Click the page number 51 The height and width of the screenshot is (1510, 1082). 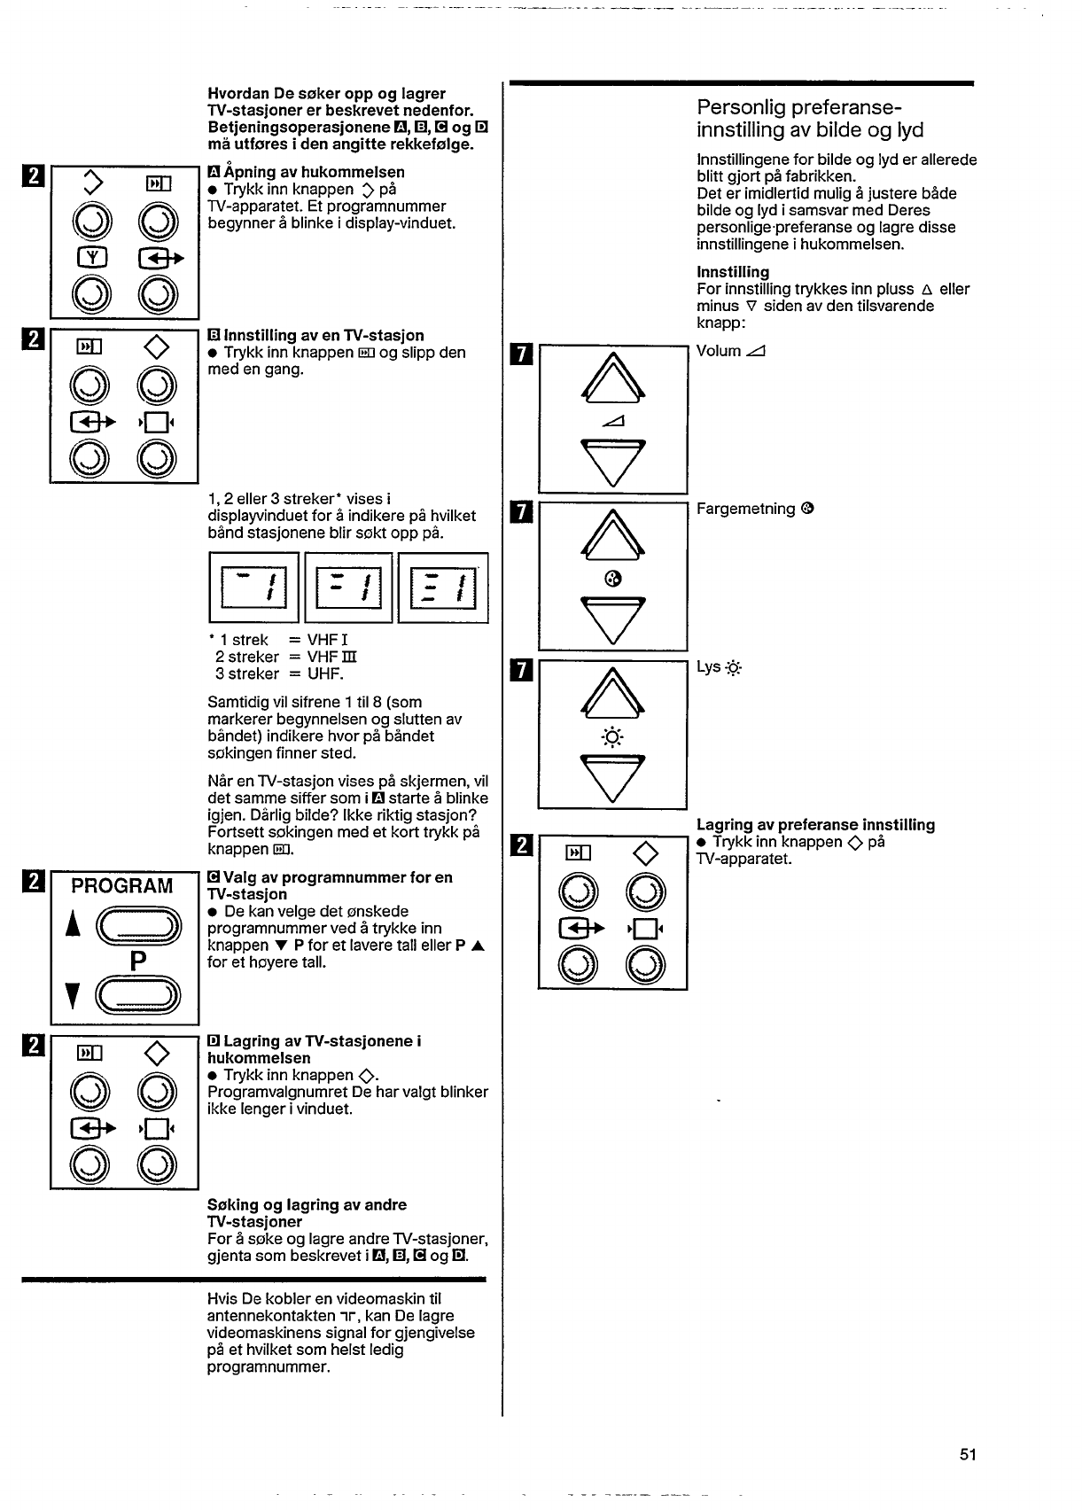click(967, 1454)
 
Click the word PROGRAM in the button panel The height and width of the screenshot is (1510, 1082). click(122, 886)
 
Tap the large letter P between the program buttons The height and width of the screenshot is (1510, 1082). click(137, 961)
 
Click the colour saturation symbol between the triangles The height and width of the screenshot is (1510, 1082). click(611, 579)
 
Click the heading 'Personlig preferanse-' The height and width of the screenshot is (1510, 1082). click(799, 107)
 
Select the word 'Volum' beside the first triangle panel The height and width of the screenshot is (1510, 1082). click(719, 351)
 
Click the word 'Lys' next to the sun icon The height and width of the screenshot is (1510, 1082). click(708, 666)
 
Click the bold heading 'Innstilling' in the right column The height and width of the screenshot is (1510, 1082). click(733, 272)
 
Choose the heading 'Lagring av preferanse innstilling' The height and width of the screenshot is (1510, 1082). click(815, 825)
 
